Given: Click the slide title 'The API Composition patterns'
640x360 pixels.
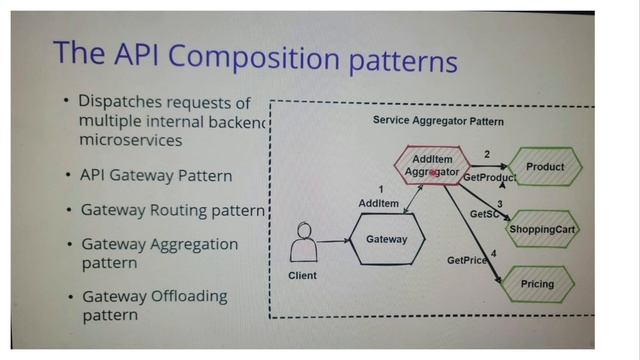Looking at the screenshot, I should click(255, 56).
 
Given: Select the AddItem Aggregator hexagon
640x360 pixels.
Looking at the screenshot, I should click(430, 166).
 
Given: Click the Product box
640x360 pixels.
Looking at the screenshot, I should click(544, 167).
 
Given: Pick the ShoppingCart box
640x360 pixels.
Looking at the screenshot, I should click(543, 230).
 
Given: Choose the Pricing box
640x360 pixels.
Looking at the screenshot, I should click(537, 284).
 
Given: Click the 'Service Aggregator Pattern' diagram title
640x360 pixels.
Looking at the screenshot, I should click(438, 121).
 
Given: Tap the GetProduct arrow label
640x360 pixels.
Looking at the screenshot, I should click(489, 178).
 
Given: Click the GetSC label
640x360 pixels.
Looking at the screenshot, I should click(485, 214).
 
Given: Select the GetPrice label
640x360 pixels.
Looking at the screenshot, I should click(467, 260).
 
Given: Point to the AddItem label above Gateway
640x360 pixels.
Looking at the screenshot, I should click(378, 203).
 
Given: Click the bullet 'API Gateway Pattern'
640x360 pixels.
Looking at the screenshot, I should click(156, 176).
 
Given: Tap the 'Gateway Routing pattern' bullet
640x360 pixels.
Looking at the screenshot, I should click(173, 211).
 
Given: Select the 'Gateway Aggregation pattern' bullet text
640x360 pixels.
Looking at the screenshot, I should click(160, 252).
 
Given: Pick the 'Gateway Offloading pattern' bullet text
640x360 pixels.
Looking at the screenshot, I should click(154, 305).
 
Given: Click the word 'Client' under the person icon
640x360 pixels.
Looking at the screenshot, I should click(302, 275).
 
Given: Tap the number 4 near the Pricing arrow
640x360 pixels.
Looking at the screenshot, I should click(493, 253).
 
